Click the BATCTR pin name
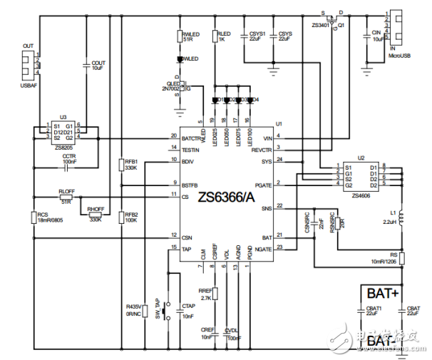coord(190,136)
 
